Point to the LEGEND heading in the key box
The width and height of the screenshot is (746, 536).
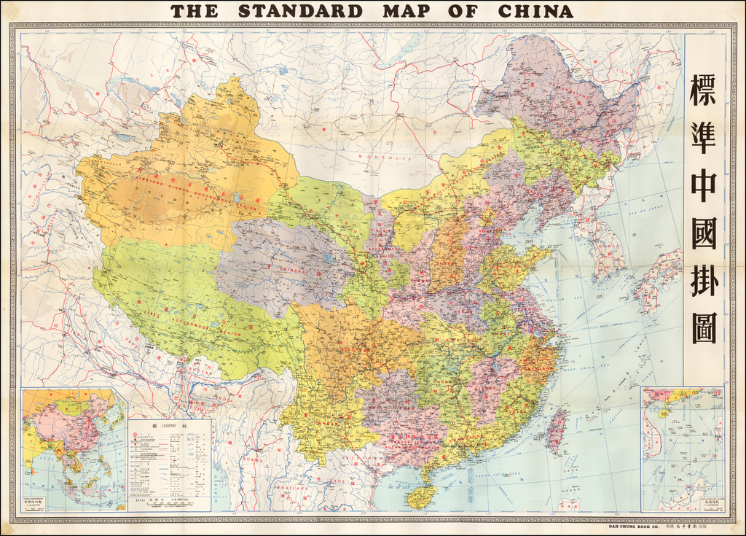(170, 424)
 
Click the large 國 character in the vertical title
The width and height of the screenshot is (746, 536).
(703, 233)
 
